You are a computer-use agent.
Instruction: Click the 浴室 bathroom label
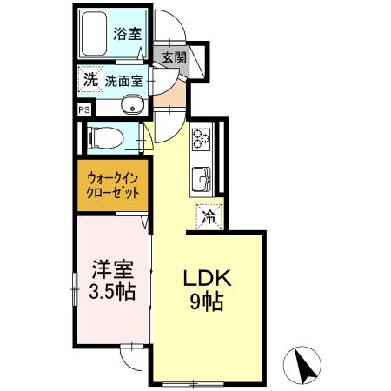[129, 35]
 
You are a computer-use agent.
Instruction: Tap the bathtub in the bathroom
[96, 35]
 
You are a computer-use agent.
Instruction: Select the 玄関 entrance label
[174, 58]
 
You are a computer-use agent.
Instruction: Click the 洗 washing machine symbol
[89, 79]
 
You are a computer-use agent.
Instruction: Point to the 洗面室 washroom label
[125, 81]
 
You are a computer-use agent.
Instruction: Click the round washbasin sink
[132, 108]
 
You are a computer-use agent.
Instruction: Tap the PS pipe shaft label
[84, 110]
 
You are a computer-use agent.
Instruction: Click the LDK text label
[205, 281]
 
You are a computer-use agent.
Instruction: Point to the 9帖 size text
[205, 303]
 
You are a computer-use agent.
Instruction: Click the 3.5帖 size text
[113, 292]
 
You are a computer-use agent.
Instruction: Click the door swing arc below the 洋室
[130, 355]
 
